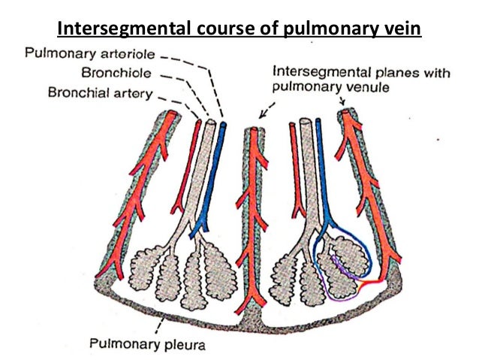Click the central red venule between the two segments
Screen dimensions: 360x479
click(254, 210)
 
